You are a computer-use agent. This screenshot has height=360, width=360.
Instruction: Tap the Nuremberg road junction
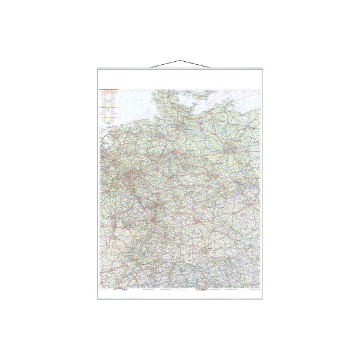point(196,226)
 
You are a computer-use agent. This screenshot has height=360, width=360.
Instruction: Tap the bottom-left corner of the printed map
point(97,290)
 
